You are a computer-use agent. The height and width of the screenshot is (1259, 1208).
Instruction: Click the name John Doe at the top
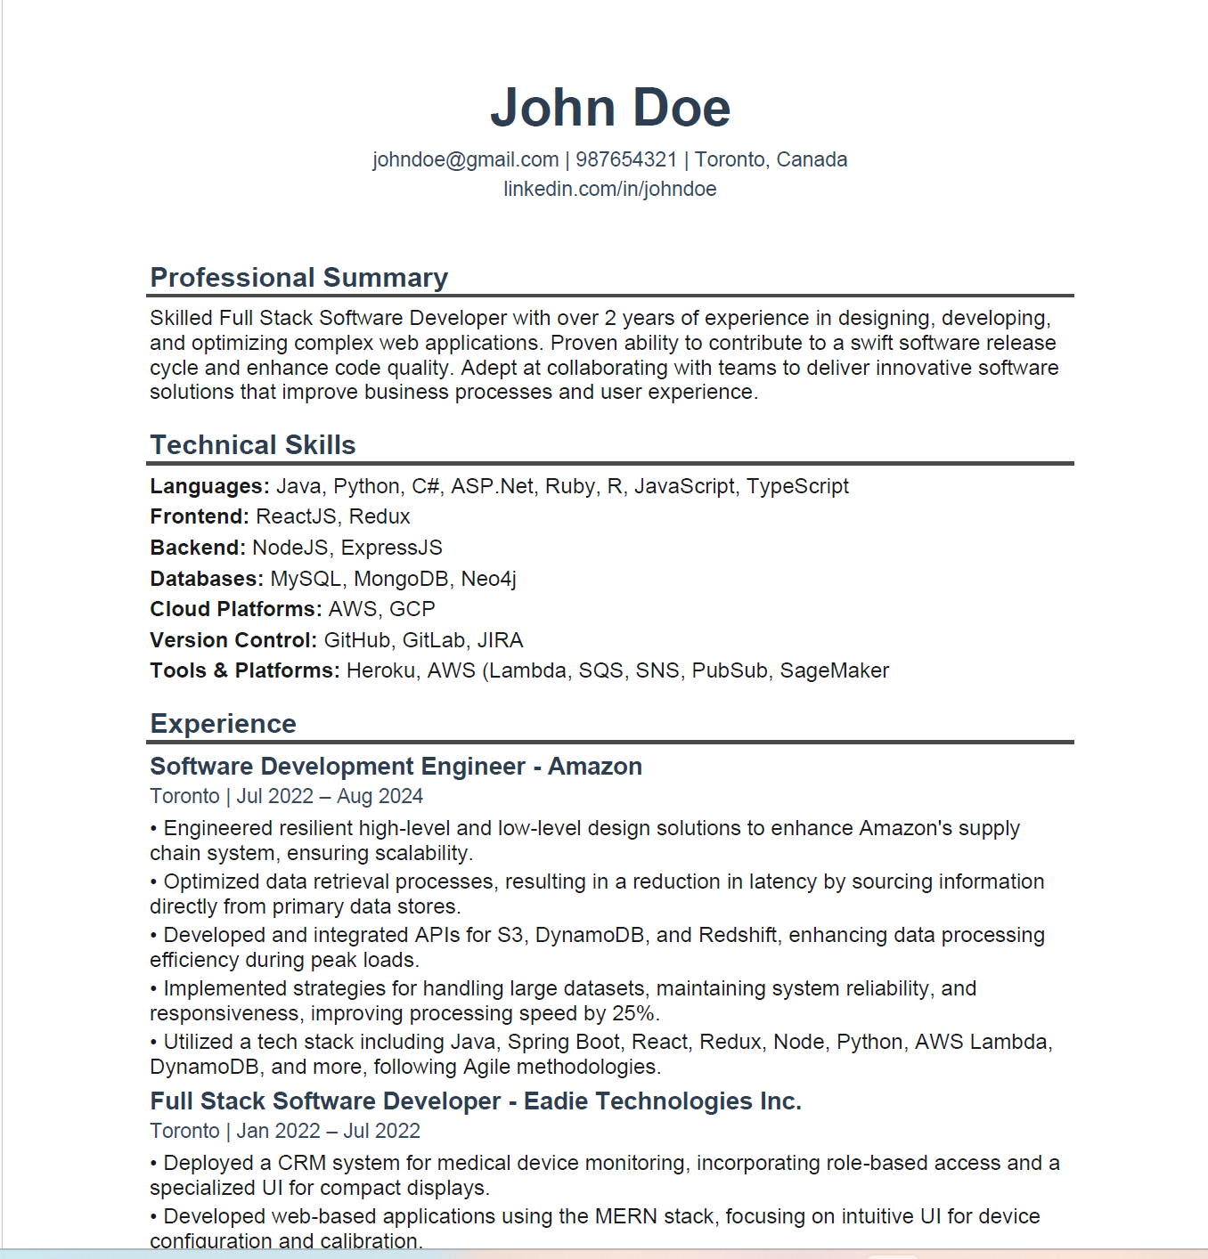tap(610, 108)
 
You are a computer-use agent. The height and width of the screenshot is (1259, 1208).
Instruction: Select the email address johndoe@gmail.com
tap(465, 159)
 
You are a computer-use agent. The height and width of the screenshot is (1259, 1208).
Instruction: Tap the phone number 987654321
tap(626, 159)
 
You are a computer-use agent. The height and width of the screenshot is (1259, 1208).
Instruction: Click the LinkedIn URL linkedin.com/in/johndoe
tap(609, 189)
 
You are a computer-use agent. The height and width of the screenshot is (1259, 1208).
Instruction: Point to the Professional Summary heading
tap(298, 278)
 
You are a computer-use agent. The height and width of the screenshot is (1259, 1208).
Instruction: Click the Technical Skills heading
tap(252, 445)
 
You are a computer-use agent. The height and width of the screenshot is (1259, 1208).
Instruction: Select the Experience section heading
tap(223, 724)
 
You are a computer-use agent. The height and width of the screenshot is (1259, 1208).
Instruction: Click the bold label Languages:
tap(209, 486)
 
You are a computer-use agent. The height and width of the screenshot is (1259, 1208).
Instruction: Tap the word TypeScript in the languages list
tap(797, 486)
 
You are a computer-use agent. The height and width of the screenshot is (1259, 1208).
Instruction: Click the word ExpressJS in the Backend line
tap(391, 548)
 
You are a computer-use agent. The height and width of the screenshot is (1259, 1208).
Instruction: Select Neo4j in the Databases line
tap(488, 579)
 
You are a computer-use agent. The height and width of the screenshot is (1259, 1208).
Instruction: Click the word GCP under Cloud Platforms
tap(412, 609)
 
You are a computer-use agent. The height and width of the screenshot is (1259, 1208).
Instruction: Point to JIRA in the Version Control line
tap(500, 640)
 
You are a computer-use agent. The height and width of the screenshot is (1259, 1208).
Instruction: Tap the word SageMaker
tap(834, 670)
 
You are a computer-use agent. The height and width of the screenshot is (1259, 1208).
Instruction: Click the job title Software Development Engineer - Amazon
tap(396, 767)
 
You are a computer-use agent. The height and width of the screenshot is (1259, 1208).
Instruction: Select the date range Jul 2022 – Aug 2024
tap(330, 796)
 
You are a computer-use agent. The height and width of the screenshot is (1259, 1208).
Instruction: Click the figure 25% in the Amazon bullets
tap(633, 1013)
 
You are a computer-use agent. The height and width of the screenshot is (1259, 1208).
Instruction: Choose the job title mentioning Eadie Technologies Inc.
tap(476, 1101)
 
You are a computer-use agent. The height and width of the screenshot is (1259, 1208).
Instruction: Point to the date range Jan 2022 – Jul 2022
tap(328, 1131)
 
